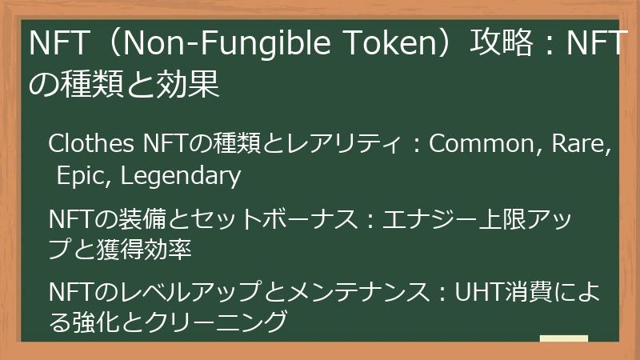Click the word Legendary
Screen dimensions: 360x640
point(179,176)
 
